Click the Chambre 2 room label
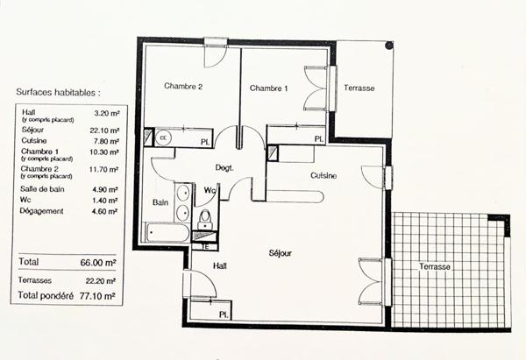coord(183,87)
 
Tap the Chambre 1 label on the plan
coord(268,88)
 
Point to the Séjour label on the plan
coord(280,254)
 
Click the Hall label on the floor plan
coord(220,265)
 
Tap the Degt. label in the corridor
coord(224,167)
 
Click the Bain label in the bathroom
coord(160,201)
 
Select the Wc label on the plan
coord(210,190)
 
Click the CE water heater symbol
coord(163,138)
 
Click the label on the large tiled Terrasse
coord(435,266)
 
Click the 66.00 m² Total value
coord(98,262)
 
